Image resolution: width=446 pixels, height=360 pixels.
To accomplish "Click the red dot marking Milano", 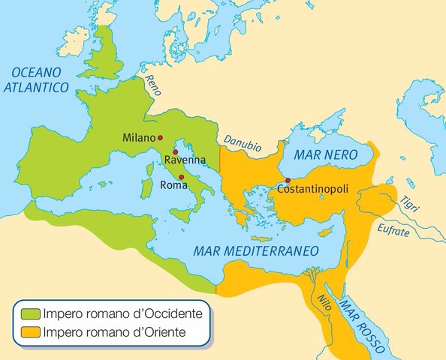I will (x=160, y=138).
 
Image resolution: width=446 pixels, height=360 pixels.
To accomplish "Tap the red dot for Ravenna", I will (x=175, y=151).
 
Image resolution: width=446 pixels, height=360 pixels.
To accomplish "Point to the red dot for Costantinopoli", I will (x=288, y=180).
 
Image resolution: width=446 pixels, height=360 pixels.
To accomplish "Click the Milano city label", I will (x=138, y=139).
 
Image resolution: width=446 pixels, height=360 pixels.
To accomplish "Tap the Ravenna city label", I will (x=185, y=160).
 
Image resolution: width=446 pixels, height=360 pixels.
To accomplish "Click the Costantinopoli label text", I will (x=313, y=190).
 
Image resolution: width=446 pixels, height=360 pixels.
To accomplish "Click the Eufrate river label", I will (x=395, y=231).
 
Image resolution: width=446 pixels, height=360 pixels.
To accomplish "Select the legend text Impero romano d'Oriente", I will (x=114, y=331).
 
